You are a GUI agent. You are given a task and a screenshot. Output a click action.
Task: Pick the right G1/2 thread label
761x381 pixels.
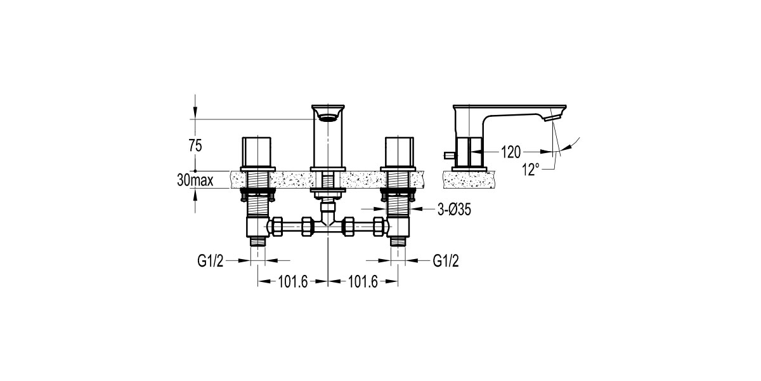[x=446, y=260]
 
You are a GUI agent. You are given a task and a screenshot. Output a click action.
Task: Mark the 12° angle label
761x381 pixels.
[x=531, y=168]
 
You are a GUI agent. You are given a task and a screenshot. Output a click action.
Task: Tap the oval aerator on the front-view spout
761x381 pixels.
[x=327, y=117]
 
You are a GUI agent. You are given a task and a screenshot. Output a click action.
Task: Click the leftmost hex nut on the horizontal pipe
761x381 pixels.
[x=276, y=226]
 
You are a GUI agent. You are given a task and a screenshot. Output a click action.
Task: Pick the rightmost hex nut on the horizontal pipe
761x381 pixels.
[x=379, y=226]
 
